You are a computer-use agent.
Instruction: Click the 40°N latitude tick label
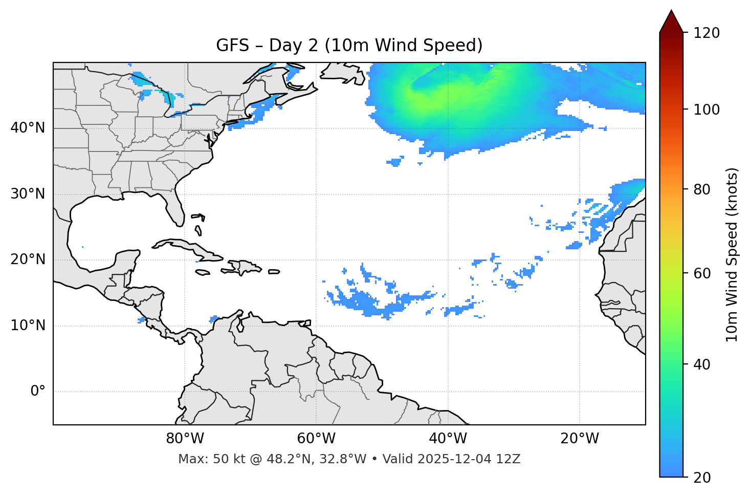(x=28, y=128)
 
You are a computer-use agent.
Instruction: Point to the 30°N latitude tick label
(x=28, y=194)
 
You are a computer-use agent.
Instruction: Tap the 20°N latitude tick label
(x=28, y=260)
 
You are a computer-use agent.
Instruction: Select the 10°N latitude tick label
(x=28, y=326)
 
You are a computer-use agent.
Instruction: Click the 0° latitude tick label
(x=38, y=392)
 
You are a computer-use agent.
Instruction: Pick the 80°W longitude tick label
(x=185, y=439)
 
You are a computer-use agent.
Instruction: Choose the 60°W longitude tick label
(x=316, y=439)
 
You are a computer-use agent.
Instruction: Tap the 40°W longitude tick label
(x=448, y=439)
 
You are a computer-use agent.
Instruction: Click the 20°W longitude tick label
(x=580, y=439)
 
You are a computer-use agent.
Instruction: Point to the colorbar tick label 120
(x=707, y=33)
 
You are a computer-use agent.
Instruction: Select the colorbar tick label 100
(x=707, y=110)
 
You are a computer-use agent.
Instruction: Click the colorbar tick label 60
(x=703, y=273)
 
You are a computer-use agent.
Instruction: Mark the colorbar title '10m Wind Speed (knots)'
(x=732, y=254)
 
